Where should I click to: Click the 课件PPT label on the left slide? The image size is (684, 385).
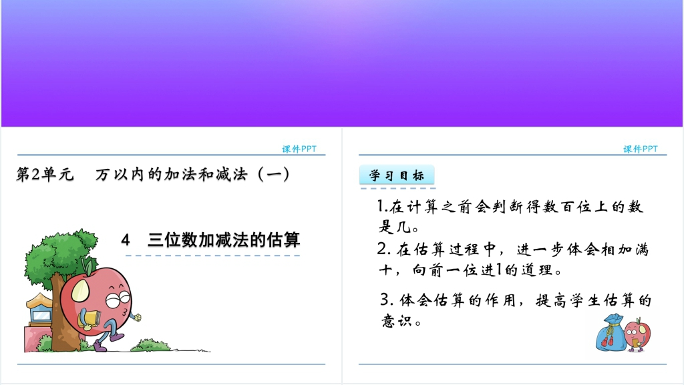coord(299,149)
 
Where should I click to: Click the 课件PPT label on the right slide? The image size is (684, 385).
coord(641,149)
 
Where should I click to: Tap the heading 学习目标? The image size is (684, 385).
coord(397,175)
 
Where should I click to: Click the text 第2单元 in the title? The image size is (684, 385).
coord(45,174)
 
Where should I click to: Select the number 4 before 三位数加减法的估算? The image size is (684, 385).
coord(126,240)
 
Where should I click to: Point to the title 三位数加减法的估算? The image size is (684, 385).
coord(224,240)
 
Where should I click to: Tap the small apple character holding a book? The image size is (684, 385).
coord(637,334)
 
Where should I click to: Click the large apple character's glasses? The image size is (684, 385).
coord(118,300)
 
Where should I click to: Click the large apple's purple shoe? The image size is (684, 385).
coord(100,346)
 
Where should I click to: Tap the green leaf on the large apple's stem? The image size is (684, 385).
coord(89,266)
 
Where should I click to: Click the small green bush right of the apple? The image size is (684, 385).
coord(150,345)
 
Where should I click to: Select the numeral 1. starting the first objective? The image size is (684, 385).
coord(383,206)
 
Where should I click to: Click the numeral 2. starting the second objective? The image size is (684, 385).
coord(383,249)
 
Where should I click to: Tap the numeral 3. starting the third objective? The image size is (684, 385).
coord(387,300)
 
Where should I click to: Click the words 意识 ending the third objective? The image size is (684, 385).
coord(397,321)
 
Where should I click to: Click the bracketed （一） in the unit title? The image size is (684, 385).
coord(273,174)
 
